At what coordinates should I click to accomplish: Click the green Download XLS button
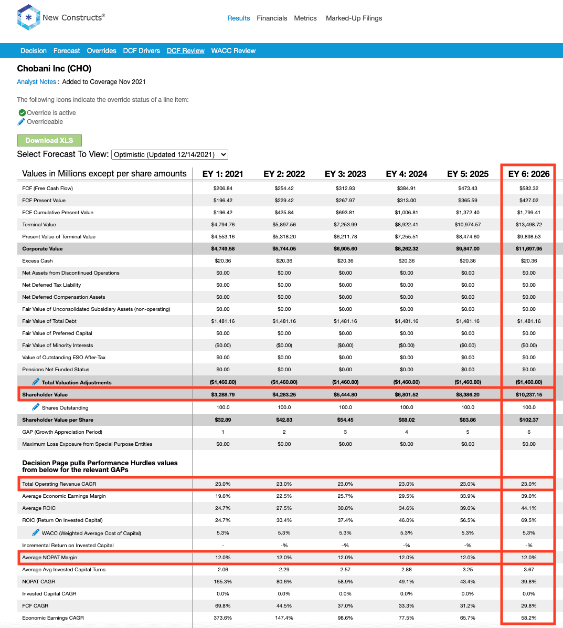pyautogui.click(x=50, y=140)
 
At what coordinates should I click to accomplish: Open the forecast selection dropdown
pyautogui.click(x=169, y=154)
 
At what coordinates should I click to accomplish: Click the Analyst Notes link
pyautogui.click(x=36, y=82)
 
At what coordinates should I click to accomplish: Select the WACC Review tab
pyautogui.click(x=233, y=51)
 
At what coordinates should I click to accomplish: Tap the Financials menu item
pyautogui.click(x=272, y=18)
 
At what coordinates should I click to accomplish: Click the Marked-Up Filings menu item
pyautogui.click(x=354, y=18)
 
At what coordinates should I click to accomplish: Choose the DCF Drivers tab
pyautogui.click(x=141, y=51)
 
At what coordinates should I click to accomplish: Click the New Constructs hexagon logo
pyautogui.click(x=28, y=17)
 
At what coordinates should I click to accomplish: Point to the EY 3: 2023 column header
pyautogui.click(x=345, y=174)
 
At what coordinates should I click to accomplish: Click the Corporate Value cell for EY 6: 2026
pyautogui.click(x=529, y=249)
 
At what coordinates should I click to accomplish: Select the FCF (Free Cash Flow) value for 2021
pyautogui.click(x=223, y=188)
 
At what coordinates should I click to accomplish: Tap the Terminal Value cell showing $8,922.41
pyautogui.click(x=407, y=225)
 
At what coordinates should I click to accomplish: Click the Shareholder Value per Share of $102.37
pyautogui.click(x=529, y=420)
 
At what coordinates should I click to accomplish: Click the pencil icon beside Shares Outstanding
pyautogui.click(x=36, y=407)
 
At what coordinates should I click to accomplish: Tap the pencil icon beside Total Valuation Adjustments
pyautogui.click(x=36, y=382)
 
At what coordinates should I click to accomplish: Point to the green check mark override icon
pyautogui.click(x=23, y=113)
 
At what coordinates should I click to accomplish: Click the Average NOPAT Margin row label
pyautogui.click(x=50, y=558)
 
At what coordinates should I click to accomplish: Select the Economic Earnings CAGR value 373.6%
pyautogui.click(x=223, y=618)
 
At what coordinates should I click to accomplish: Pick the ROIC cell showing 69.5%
pyautogui.click(x=529, y=520)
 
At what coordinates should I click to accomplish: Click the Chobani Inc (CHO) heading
pyautogui.click(x=54, y=68)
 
